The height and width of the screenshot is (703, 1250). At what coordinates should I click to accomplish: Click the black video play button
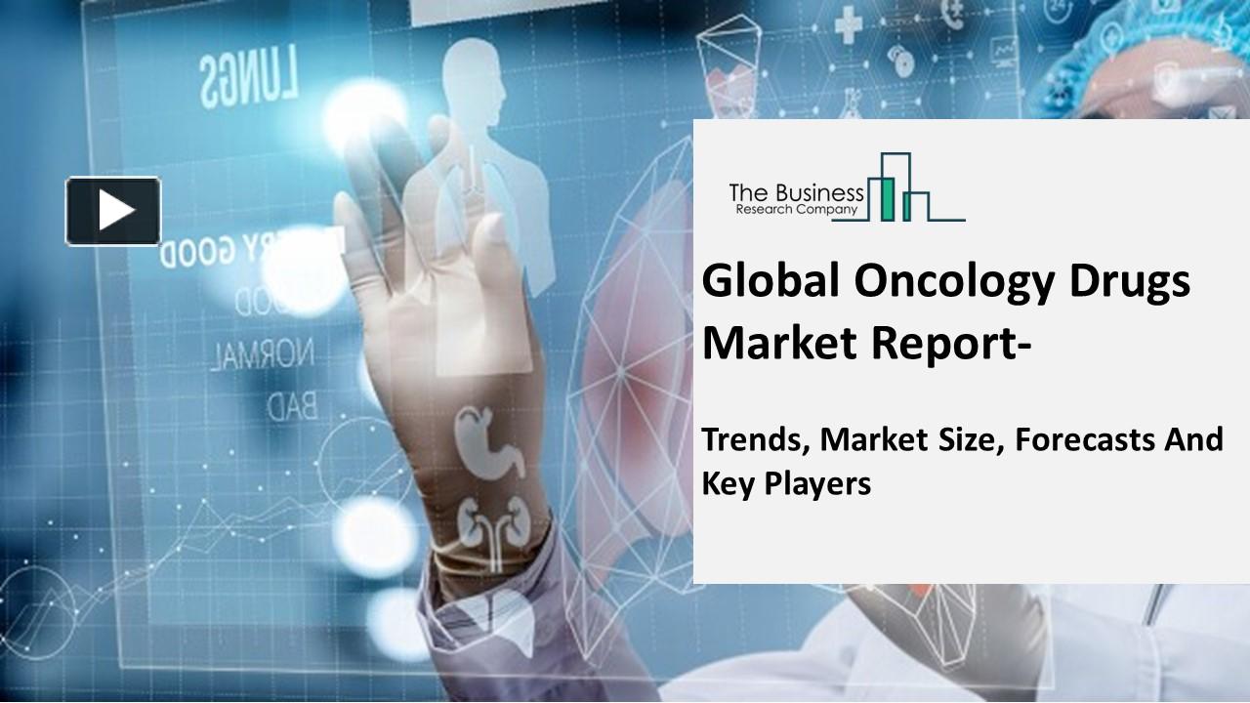pos(113,210)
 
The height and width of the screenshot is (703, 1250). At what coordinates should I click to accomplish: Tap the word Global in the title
pos(760,282)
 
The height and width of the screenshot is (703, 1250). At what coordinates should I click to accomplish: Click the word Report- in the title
pos(937,343)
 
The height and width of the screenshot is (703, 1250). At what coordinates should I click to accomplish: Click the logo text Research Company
pos(797,209)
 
